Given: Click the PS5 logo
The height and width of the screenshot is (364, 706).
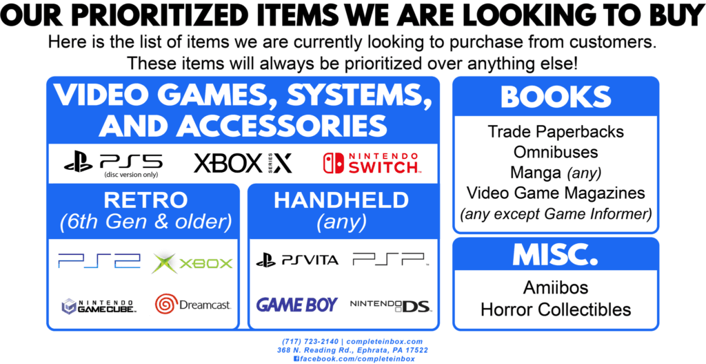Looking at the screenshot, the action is pos(114,162).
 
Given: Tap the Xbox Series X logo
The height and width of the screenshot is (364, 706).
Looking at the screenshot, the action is pos(243,163).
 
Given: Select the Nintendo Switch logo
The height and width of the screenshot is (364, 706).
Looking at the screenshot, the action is pos(372,163).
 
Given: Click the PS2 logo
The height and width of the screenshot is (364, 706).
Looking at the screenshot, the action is pos(99,260).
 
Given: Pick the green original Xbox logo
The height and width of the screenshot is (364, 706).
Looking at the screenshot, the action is pos(192,263).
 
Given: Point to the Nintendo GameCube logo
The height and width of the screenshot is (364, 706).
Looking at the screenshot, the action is pos(99,306).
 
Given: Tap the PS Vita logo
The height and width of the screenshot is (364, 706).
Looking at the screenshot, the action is pos(297,260).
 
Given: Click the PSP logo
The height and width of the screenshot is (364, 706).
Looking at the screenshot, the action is pos(390,259).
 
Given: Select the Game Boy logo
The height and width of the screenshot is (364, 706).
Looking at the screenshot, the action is pos(296,305).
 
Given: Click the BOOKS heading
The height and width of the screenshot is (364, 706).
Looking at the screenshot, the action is pos(556,97).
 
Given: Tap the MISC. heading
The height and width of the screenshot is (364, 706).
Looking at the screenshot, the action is pos(556,255).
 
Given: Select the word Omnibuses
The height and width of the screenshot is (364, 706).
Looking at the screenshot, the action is pos(556,152).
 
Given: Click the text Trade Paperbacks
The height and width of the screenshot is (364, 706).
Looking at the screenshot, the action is pos(556,132).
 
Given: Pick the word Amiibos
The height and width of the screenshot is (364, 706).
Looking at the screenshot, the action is pos(556,288).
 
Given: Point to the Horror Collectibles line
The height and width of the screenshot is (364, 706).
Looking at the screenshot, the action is pos(556,310).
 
